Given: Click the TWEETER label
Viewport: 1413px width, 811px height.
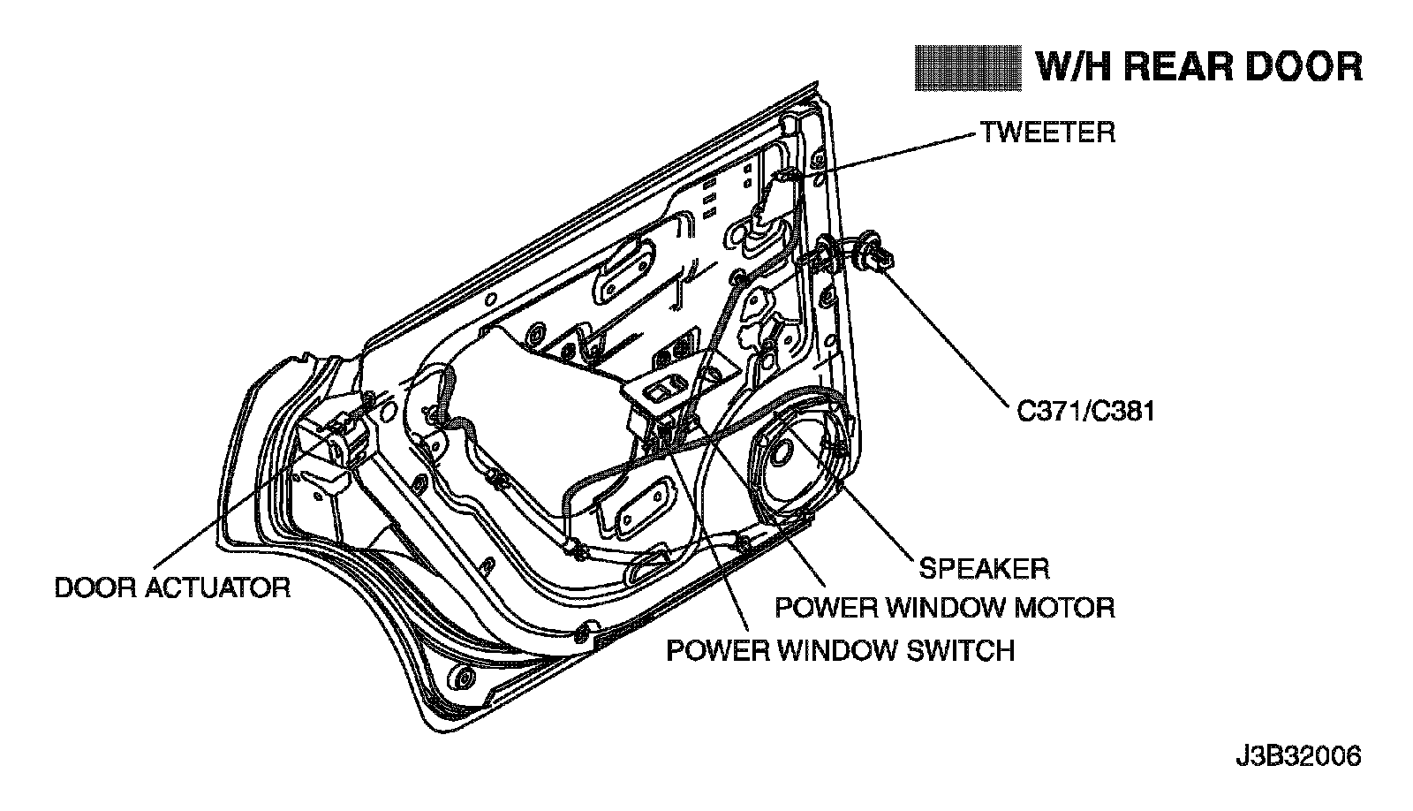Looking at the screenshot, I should point(1047,133).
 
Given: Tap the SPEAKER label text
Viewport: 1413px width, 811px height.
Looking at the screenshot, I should point(984,567).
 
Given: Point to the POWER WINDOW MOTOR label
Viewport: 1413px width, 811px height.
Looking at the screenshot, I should point(944,608).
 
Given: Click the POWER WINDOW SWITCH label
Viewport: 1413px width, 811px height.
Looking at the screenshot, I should point(840,650).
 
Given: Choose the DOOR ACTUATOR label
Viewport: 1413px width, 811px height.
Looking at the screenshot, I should point(172,587).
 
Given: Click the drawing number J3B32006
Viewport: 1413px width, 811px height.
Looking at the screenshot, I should point(1298,757).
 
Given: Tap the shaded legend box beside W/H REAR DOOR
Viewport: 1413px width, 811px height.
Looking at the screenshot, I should point(968,67).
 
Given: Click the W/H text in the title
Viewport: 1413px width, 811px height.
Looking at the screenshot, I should point(1069,67).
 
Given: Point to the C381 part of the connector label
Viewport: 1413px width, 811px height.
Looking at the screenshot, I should point(1121,412).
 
